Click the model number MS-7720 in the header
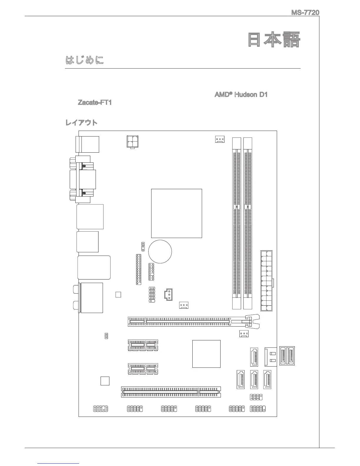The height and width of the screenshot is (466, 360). pos(305,13)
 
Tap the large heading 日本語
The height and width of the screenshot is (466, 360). pos(274,40)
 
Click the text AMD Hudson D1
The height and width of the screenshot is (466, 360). pos(241,95)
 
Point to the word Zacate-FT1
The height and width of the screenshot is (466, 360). pos(94,103)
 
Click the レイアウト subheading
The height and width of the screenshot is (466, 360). pos(81,123)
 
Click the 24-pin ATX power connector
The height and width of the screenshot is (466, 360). pos(266,281)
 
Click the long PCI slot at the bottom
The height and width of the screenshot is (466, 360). pos(171,392)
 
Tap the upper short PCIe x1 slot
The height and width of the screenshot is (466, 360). pos(143,345)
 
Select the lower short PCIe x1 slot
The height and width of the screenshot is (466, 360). pos(143,369)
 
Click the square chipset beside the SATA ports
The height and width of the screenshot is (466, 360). pos(206,354)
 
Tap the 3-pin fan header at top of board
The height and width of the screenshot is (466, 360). pos(219,139)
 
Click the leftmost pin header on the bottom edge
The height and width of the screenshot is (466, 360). pos(100,409)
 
